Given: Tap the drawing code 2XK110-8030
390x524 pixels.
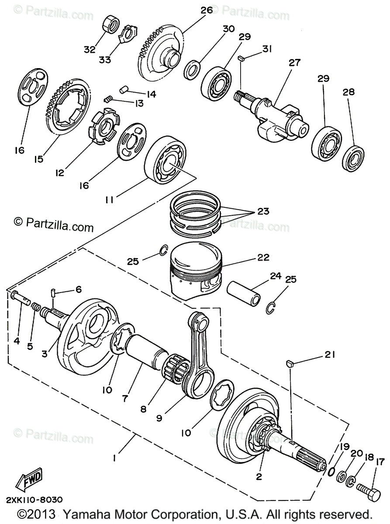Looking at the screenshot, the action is click(34, 500).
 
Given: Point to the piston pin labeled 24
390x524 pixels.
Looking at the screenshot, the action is click(243, 293).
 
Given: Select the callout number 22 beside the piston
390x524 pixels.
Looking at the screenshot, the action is click(263, 257).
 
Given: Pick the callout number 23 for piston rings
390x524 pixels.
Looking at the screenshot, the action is click(263, 211).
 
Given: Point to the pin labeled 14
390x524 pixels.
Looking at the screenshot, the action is click(124, 90).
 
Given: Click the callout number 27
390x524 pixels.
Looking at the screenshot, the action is click(294, 62).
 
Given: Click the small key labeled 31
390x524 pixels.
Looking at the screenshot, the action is click(241, 58).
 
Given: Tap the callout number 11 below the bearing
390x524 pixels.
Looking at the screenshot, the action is click(110, 200).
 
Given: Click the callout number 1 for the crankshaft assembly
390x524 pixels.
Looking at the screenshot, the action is click(114, 458).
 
